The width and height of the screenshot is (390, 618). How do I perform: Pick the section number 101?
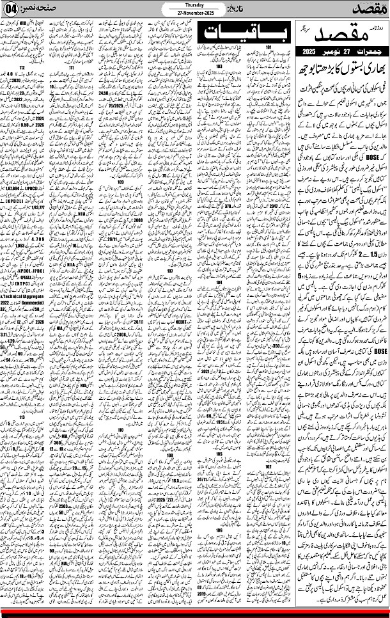click(270, 47)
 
